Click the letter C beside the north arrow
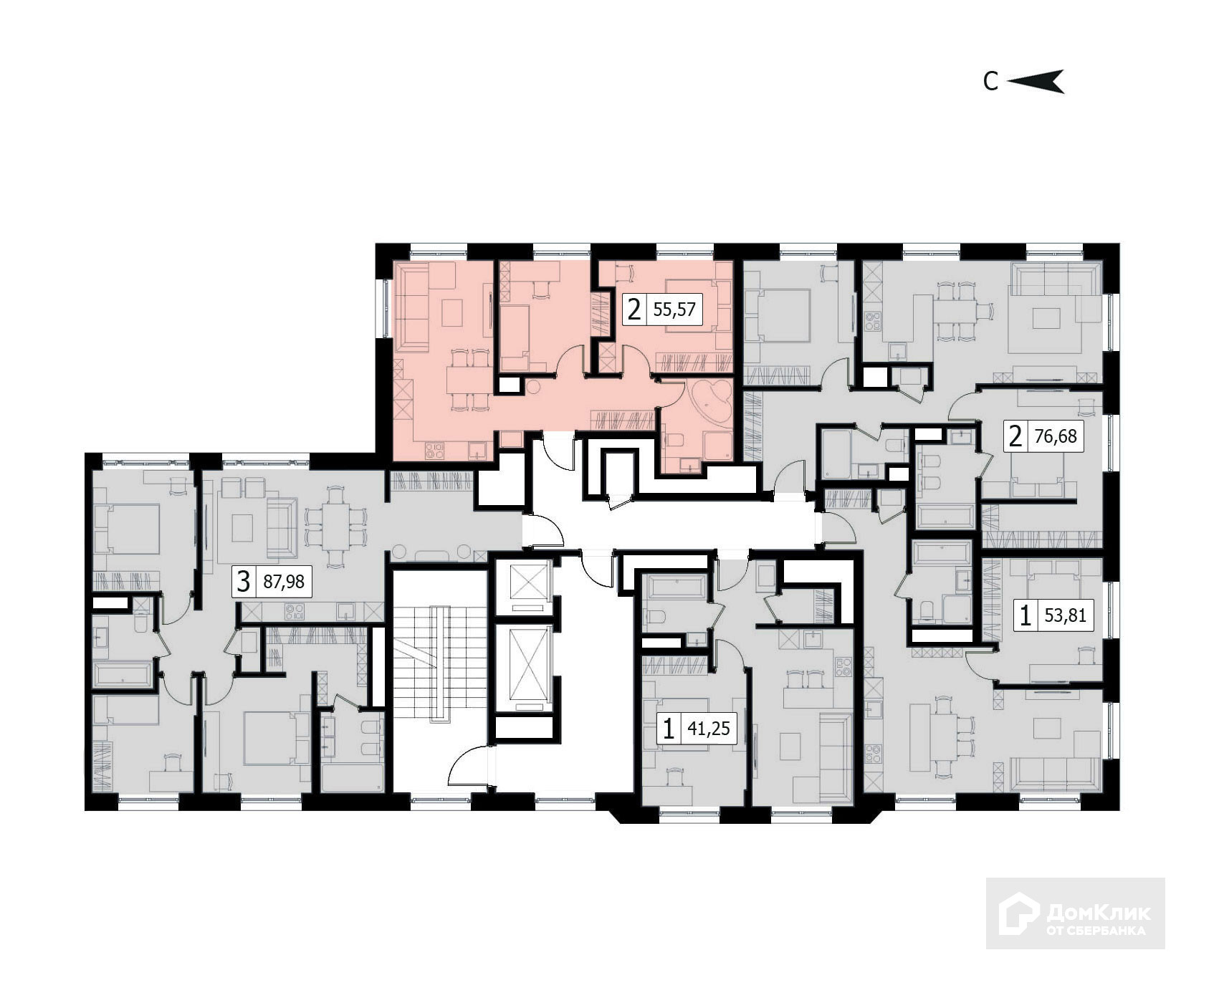[x=990, y=82]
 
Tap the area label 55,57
[x=674, y=310]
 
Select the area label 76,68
[x=1056, y=436]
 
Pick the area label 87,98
[x=284, y=582]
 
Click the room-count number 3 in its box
[x=244, y=582]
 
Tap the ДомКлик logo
[x=1075, y=913]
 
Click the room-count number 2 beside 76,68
[x=1015, y=436]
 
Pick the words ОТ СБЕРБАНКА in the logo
[x=1096, y=931]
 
